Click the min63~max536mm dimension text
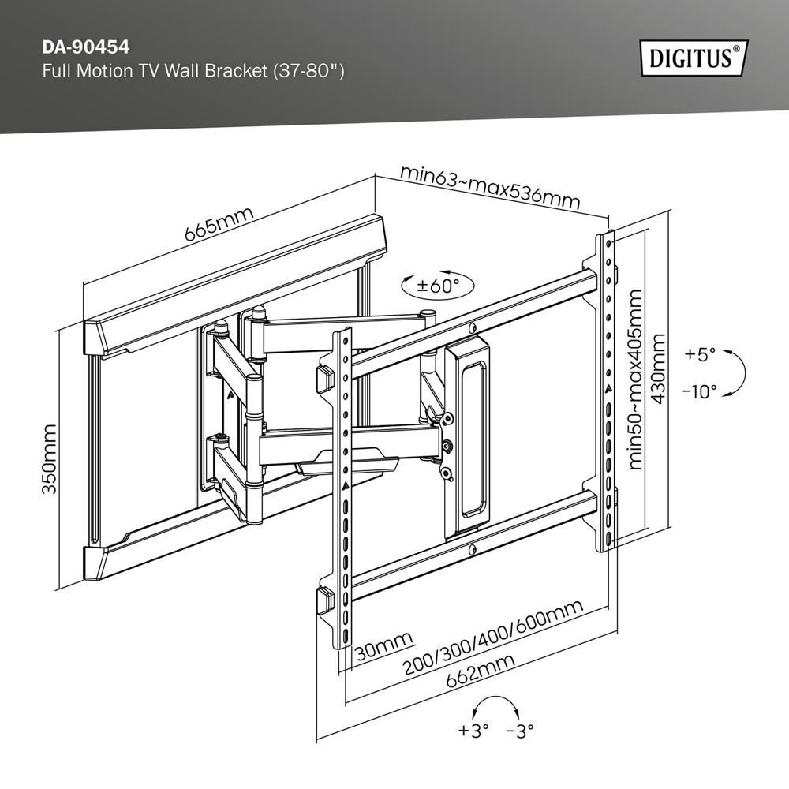coord(489,186)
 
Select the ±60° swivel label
coord(432,285)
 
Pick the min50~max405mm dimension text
coord(635,379)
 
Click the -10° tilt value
coord(698,390)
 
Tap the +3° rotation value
coord(473,731)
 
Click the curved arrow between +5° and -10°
coord(740,372)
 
